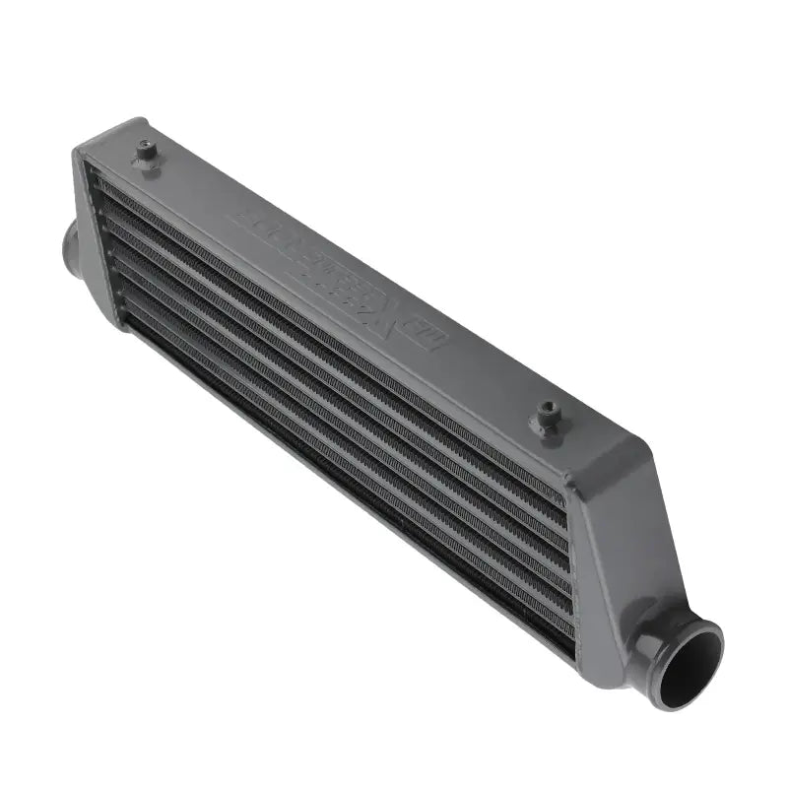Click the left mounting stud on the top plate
coord(147,153)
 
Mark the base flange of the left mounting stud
coord(148,163)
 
